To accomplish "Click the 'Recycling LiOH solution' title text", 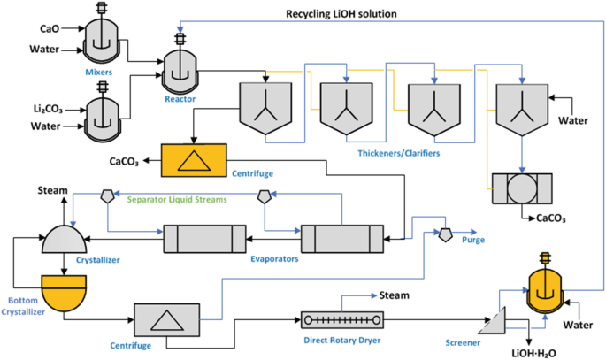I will pos(341,13).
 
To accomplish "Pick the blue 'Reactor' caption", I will pos(180,99).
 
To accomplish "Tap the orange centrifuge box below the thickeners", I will pos(194,160).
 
